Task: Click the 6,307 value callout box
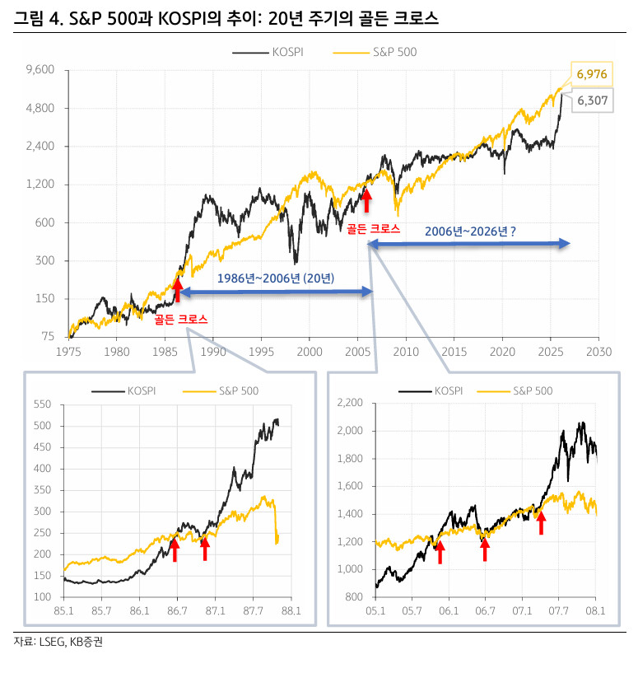click(592, 100)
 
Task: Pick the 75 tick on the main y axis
click(48, 336)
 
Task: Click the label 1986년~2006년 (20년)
click(276, 278)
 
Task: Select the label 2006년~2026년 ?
click(470, 231)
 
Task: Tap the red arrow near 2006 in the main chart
click(366, 199)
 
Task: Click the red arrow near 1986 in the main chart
click(177, 290)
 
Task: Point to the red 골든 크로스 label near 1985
click(180, 318)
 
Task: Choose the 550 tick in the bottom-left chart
click(41, 404)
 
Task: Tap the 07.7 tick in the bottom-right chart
click(559, 610)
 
